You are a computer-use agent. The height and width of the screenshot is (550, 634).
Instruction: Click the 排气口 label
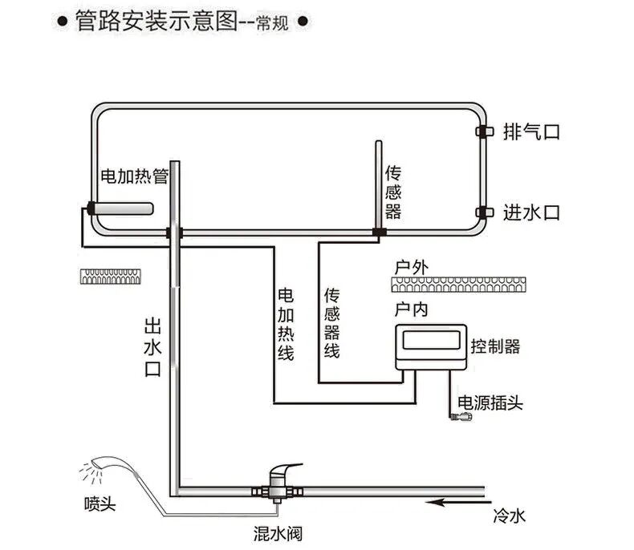[530, 131]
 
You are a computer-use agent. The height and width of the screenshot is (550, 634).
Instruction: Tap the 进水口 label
[530, 212]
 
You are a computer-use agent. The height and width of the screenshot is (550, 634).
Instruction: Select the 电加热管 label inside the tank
[132, 176]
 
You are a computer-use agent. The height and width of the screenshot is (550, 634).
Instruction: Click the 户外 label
[408, 266]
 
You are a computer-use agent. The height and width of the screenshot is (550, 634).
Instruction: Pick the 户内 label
[408, 309]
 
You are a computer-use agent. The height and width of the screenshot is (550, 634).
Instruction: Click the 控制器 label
[494, 346]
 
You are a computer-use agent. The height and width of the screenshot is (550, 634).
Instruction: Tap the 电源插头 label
[490, 402]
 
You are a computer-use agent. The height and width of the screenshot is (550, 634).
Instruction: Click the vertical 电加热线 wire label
[285, 322]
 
